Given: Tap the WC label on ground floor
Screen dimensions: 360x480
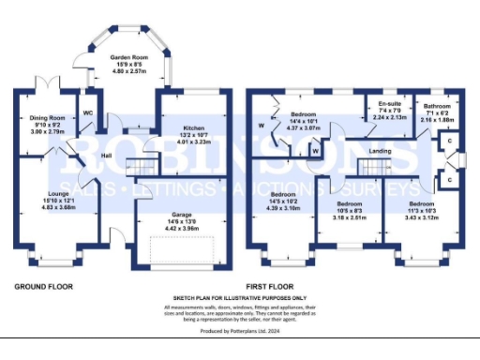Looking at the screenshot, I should coord(87,113).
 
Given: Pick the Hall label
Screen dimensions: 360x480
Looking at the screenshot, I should coord(108,155).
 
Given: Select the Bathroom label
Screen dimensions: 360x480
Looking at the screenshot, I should coord(437,107).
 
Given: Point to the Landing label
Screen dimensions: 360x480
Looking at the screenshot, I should coord(380,151).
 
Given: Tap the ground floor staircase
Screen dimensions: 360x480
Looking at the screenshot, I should coord(141,168).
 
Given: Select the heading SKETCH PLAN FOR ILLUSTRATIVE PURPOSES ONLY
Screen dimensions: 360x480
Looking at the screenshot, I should coord(240,296).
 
